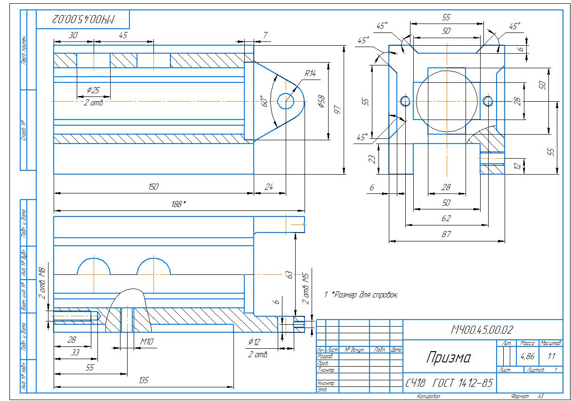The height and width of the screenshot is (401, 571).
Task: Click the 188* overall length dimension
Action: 178,204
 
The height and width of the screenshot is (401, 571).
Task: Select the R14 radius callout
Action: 310,73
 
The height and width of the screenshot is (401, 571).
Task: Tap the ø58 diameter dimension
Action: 322,102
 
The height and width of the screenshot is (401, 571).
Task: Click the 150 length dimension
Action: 153,187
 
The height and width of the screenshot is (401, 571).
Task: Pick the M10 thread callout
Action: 147,341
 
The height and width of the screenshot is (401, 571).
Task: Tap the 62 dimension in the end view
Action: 446,218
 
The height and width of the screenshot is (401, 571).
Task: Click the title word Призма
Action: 448,358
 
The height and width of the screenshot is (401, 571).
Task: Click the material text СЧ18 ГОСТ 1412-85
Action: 449,384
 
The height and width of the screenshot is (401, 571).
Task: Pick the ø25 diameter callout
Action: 93,90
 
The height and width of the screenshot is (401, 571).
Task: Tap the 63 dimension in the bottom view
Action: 290,274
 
